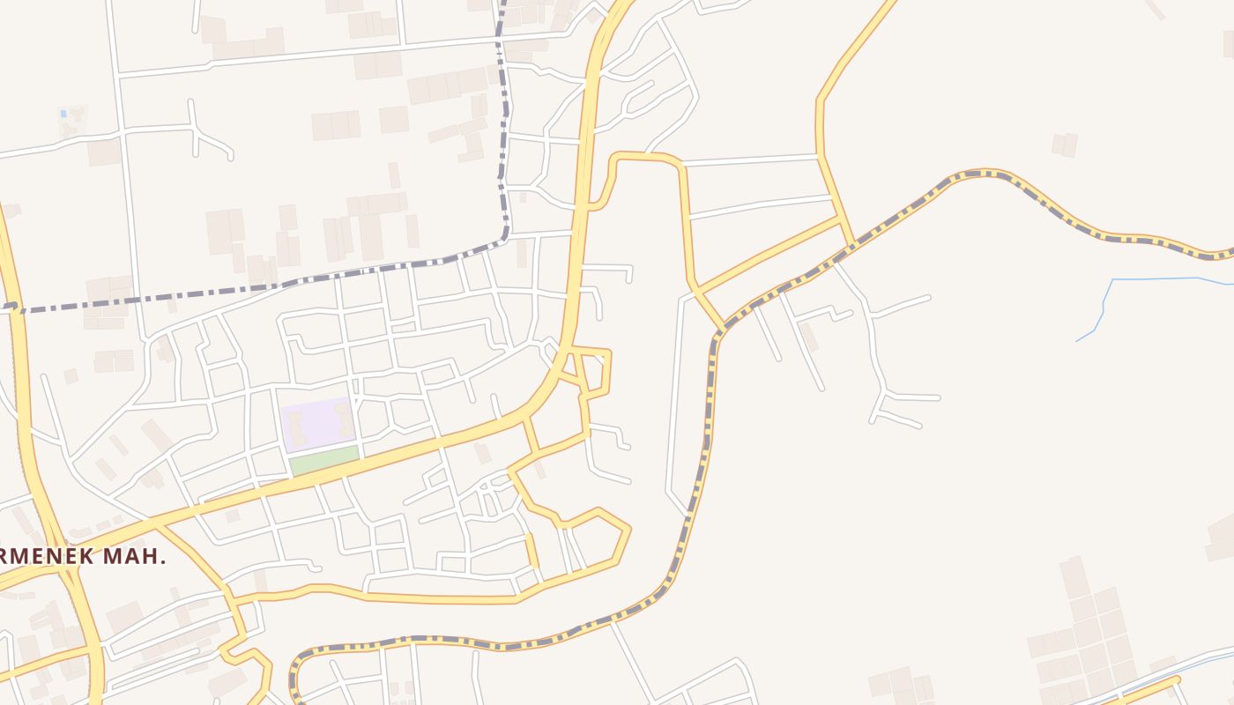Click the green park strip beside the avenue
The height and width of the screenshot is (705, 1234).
click(324, 459)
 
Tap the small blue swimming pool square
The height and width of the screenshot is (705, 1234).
click(63, 114)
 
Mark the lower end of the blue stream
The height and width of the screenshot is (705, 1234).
click(1077, 340)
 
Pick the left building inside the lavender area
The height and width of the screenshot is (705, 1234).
click(296, 427)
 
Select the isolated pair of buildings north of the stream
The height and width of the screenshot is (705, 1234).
click(1065, 145)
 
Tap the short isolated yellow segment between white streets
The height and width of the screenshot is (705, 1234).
click(532, 550)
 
